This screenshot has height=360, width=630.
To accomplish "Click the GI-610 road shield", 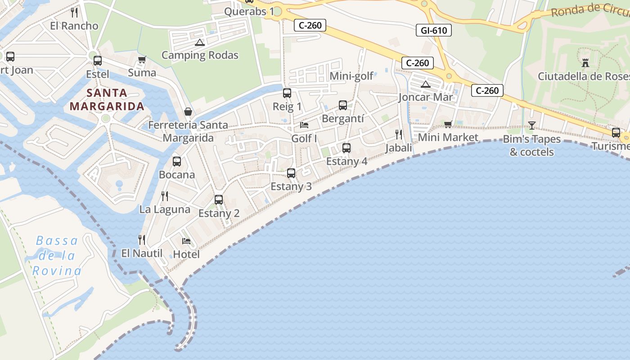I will coord(434,30).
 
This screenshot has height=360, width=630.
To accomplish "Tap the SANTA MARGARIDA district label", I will coord(107,99).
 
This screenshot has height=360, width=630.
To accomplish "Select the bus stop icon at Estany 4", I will coord(346,148).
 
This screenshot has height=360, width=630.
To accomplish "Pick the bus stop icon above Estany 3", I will coord(291,173).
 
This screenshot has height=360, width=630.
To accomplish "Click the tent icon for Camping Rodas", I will coord(200,43).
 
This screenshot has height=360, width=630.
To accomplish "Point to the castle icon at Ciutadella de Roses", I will coord(585,63).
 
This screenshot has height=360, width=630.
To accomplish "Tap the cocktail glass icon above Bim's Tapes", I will coord(532,125).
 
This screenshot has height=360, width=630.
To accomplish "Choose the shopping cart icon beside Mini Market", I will coord(448,124).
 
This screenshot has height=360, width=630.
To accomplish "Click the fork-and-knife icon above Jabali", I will coord(399,134).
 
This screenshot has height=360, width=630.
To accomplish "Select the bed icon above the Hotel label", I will coord(186,241).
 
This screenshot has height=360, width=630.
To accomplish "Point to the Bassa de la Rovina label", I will coord(57,256).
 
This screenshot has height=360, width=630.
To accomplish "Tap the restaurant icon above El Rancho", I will coord(74,12).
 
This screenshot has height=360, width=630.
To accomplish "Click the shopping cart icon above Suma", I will coord(142,59).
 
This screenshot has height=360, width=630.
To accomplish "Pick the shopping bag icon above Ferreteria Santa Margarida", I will coord(188,112).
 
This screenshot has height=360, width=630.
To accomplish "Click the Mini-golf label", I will coord(351,76).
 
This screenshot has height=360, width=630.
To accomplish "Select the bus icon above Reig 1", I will coord(287,93).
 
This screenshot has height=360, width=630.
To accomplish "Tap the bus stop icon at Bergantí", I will coord(342,105).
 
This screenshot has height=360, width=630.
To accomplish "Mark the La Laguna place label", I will coord(165,209).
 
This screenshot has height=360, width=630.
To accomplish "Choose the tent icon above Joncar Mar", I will coord(425,84).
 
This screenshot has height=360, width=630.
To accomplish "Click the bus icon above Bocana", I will coord(177,161).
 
